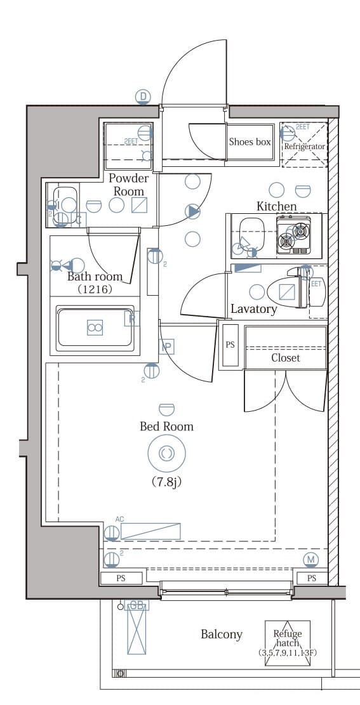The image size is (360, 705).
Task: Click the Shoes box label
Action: (250, 142)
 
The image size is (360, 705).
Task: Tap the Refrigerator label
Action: (304, 147)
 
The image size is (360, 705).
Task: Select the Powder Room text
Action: (128, 185)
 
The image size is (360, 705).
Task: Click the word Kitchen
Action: (276, 206)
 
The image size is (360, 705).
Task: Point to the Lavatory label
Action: (253, 309)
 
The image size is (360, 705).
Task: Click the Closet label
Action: (285, 358)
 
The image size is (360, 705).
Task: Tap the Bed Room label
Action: (166, 426)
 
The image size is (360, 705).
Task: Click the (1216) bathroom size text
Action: (95, 289)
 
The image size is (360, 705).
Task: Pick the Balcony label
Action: (222, 634)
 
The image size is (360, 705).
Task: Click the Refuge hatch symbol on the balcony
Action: (288, 642)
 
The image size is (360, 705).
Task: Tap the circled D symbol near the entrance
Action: (143, 96)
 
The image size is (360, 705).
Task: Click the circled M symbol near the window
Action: (310, 560)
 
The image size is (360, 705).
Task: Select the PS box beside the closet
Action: (230, 346)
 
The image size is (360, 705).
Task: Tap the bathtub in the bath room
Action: (95, 328)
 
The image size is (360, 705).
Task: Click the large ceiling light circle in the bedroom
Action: (166, 453)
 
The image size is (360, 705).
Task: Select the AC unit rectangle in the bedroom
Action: (150, 531)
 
